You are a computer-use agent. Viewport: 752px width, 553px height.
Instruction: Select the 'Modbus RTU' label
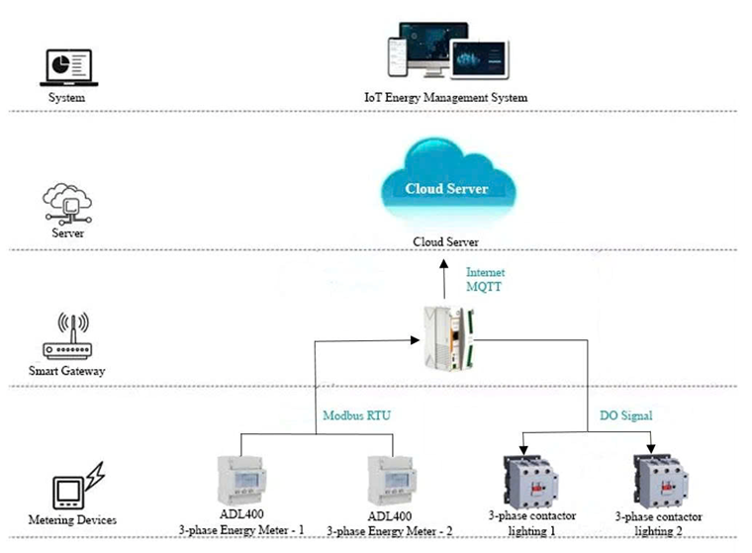click(x=356, y=416)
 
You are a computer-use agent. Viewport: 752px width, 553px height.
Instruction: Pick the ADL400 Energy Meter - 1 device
click(x=240, y=480)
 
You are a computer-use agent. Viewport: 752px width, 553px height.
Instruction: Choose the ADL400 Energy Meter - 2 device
click(x=389, y=480)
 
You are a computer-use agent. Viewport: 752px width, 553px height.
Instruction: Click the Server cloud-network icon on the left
click(x=67, y=203)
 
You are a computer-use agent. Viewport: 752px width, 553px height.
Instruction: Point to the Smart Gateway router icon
click(x=67, y=338)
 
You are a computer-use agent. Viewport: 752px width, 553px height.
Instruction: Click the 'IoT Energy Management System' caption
click(x=445, y=98)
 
